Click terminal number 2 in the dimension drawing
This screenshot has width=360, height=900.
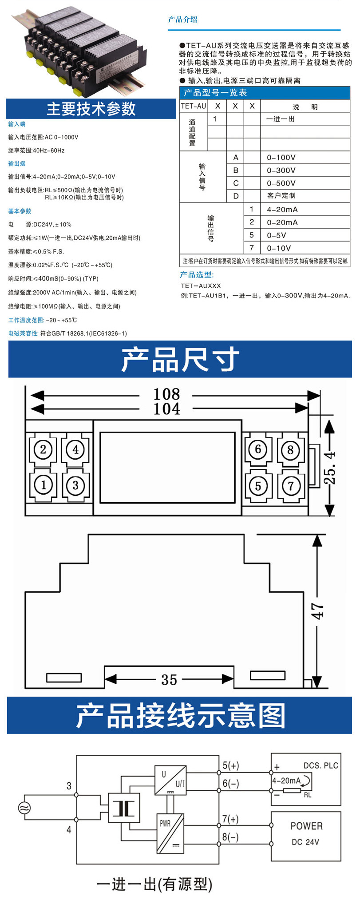(x=43, y=449)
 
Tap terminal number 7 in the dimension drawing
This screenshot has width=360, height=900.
(x=291, y=485)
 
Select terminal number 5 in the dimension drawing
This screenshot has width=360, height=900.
(x=258, y=485)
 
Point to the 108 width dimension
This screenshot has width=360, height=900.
(x=166, y=394)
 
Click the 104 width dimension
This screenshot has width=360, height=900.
(x=166, y=408)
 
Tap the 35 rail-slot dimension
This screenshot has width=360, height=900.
(x=169, y=679)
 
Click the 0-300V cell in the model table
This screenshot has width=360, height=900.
(x=281, y=170)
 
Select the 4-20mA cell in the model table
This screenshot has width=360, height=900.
(x=282, y=210)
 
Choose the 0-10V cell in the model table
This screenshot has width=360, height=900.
(x=279, y=248)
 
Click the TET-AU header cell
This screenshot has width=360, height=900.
(x=194, y=106)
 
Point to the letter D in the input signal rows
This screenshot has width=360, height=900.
(x=236, y=196)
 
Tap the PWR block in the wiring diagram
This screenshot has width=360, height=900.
(x=170, y=833)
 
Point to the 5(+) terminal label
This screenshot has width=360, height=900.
(x=230, y=765)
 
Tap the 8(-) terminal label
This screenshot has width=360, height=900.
(x=230, y=837)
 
